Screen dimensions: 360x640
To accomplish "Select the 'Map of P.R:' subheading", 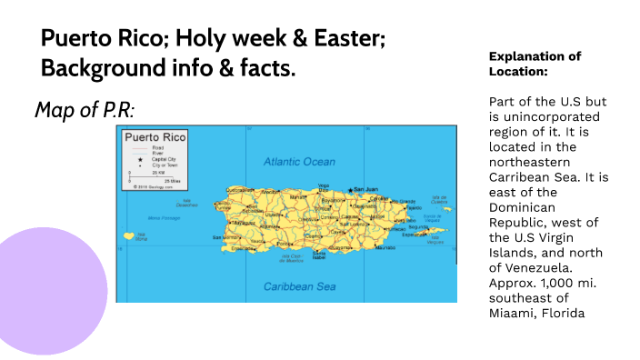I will click(x=85, y=110).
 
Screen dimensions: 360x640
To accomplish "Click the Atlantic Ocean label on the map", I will click(x=299, y=162).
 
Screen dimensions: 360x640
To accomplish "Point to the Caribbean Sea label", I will click(x=299, y=286).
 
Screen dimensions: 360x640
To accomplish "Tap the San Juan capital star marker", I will click(x=349, y=190).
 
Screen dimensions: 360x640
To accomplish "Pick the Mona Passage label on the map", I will click(x=165, y=218).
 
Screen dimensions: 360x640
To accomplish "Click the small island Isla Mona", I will click(x=128, y=235).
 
